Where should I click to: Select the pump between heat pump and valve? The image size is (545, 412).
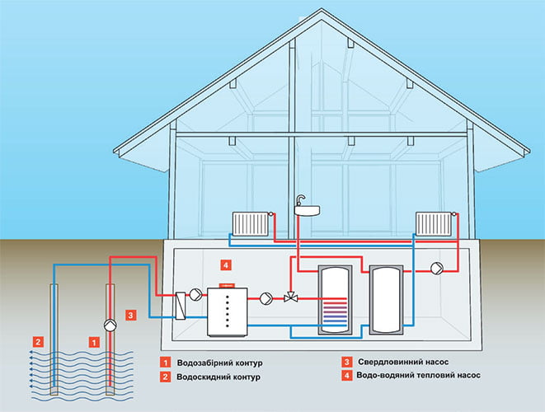(x=265, y=298)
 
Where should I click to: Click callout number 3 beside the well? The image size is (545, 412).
(x=129, y=314)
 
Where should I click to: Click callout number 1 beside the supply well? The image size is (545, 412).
(x=93, y=339)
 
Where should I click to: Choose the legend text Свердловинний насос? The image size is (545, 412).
(x=402, y=363)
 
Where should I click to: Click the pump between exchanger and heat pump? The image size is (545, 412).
(x=196, y=293)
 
